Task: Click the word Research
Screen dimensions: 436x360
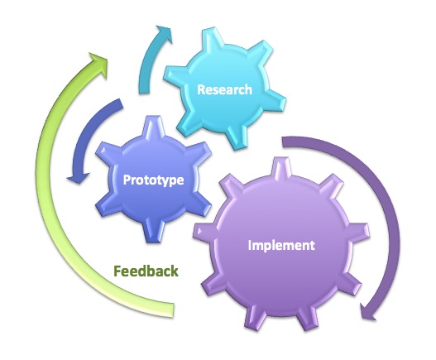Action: coord(224,89)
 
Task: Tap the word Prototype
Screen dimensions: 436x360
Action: coord(154,180)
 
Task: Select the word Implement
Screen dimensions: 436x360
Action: coord(281,245)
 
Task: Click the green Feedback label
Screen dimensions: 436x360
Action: coord(146,271)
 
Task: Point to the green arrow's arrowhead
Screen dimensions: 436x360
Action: coord(98,63)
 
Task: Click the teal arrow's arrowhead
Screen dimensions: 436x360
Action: coord(165,33)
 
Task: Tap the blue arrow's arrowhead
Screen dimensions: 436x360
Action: coord(78,178)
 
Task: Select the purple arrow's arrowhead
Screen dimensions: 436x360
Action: coord(367,312)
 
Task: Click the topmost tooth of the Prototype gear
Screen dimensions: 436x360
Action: coord(153,126)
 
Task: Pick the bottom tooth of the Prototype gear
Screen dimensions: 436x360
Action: coord(152,232)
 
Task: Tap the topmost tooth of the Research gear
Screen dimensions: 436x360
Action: coord(212,38)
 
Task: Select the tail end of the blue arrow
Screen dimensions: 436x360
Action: coord(120,104)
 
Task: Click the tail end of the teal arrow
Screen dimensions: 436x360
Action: coord(144,89)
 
